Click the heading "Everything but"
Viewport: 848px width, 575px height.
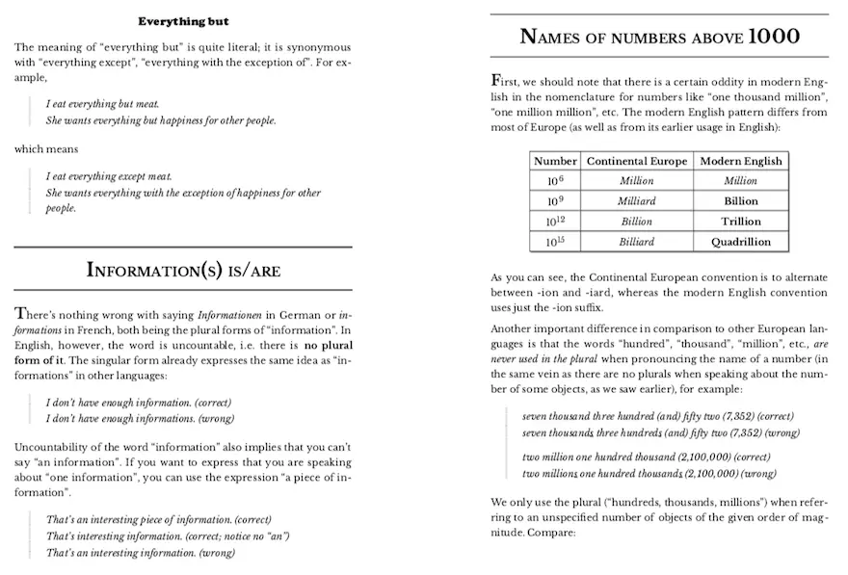point(183,21)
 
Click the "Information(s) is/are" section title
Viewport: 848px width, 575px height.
point(183,269)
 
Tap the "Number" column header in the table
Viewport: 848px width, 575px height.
point(555,161)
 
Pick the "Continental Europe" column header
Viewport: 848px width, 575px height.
point(636,161)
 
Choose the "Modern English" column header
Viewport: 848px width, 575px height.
point(740,161)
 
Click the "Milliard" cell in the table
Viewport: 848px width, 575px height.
point(636,201)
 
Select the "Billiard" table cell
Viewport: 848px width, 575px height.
point(636,242)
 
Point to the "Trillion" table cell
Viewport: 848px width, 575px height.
point(740,222)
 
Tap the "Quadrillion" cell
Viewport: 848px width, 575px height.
point(740,242)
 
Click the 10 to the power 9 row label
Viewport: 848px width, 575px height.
point(555,201)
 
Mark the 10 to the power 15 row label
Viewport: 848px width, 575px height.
point(555,242)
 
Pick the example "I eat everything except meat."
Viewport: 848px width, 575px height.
point(108,176)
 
